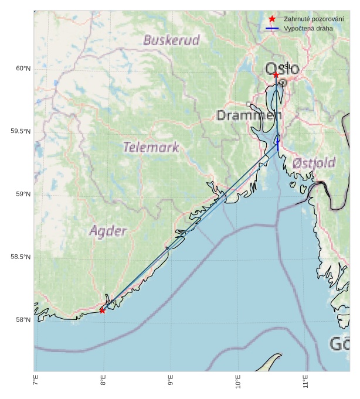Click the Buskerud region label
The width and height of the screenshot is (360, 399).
[x=171, y=40]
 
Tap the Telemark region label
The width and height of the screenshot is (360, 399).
[x=151, y=148]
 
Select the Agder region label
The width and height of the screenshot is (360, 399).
[x=108, y=231]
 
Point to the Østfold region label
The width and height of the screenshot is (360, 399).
[x=314, y=162]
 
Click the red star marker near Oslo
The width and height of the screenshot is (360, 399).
[x=276, y=75]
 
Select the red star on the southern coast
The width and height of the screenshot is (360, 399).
[x=102, y=310]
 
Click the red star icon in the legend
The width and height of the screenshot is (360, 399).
[x=272, y=19]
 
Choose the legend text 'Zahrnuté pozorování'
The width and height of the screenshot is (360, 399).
[x=313, y=19]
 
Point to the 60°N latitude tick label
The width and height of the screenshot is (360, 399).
[x=23, y=69]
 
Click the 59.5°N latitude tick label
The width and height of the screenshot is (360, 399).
[x=21, y=131]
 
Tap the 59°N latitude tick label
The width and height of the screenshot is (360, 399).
[x=23, y=195]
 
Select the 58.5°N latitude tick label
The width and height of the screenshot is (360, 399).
[x=21, y=257]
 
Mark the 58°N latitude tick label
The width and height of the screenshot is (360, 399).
[x=23, y=320]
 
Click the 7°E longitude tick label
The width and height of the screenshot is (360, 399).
[x=36, y=383]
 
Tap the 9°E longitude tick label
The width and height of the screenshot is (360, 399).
[x=171, y=383]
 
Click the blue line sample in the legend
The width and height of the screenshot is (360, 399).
[x=272, y=28]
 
